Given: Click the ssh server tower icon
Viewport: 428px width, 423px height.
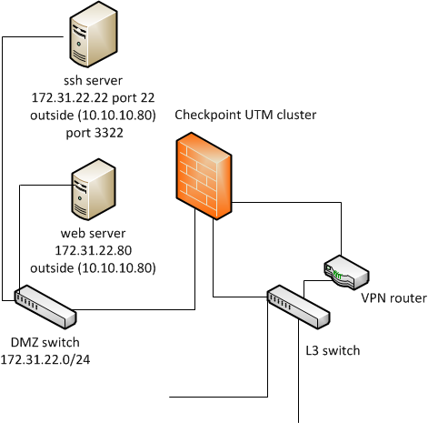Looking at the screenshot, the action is click(x=94, y=35).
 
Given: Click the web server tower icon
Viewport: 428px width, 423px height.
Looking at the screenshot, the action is click(x=94, y=189).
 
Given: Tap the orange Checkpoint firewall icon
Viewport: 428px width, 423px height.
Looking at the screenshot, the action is click(x=204, y=176).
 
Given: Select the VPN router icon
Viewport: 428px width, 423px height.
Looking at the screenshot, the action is click(x=346, y=272).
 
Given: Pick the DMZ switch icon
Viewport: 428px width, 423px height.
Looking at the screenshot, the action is click(x=45, y=307).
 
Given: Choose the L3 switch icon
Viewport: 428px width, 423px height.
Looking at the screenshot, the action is click(x=298, y=307).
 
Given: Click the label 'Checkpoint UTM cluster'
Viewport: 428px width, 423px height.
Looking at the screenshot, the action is click(x=245, y=115).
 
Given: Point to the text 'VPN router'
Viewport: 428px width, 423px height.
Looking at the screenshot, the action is click(x=393, y=298).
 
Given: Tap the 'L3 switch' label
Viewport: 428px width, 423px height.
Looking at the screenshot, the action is click(x=333, y=350).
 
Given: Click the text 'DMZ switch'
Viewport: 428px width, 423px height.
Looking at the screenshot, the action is click(x=45, y=342).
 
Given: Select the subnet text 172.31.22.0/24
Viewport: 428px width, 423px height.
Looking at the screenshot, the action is click(x=45, y=359).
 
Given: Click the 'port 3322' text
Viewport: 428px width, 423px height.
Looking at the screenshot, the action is click(x=95, y=133).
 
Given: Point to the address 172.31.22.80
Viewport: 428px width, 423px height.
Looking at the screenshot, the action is click(x=94, y=250).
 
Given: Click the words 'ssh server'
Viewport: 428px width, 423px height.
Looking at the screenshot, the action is click(x=94, y=80).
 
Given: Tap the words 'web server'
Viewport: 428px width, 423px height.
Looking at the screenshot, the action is click(x=94, y=233).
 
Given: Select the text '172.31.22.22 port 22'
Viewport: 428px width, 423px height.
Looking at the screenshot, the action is click(x=94, y=97).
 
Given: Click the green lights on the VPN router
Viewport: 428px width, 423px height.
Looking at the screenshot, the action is click(x=337, y=276).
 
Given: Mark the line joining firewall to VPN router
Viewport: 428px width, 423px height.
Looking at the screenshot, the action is click(x=341, y=202).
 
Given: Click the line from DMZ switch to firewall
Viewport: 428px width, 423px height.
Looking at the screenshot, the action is click(x=194, y=309).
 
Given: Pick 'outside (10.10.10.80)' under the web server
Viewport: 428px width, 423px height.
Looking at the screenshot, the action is click(x=93, y=268).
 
